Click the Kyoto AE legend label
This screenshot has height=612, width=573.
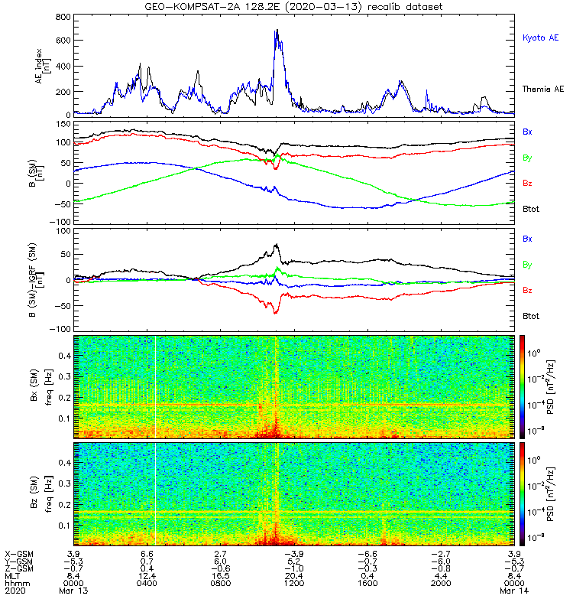coord(540,37)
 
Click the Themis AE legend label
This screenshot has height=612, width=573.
coord(543,89)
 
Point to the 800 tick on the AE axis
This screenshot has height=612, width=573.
coord(63,17)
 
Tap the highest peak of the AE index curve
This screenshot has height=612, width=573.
coord(277,30)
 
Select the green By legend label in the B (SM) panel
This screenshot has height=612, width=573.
coord(527,158)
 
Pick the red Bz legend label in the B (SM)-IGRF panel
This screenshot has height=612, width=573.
coord(527,290)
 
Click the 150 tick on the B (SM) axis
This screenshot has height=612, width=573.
coord(63,124)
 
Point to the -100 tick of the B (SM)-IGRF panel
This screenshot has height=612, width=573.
coord(60,329)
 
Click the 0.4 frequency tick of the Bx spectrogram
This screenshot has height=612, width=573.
coord(65,356)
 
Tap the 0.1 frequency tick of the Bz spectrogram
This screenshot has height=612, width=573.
coord(65,526)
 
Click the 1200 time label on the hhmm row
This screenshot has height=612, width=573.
coord(294,583)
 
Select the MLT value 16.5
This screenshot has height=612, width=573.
coord(221,576)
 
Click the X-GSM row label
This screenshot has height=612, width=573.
coord(19,554)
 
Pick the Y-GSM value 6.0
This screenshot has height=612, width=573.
coord(221,562)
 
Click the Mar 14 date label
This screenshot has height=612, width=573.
coord(514,591)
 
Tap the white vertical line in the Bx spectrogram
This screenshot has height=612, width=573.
coord(156,386)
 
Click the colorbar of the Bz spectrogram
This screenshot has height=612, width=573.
coord(522,493)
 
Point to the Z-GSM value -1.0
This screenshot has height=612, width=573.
coord(294,568)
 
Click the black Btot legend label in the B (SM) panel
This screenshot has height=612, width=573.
coord(531,209)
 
